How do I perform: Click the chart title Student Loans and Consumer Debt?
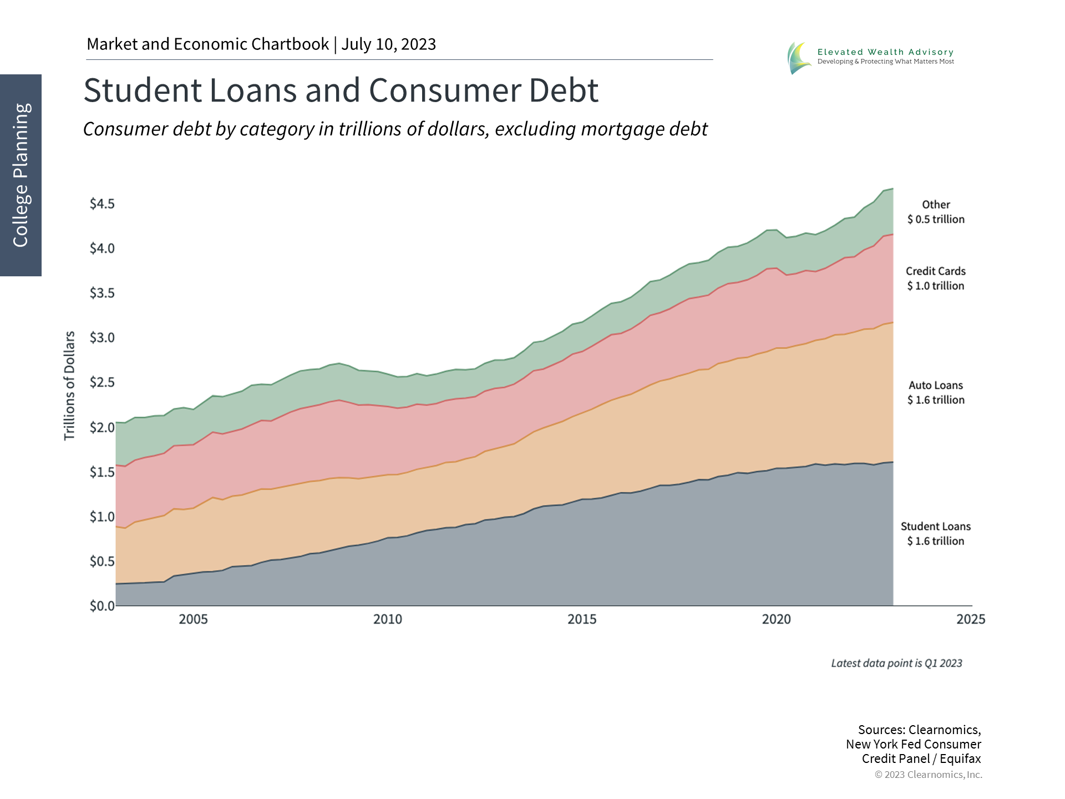click(341, 90)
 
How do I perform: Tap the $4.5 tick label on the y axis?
click(102, 204)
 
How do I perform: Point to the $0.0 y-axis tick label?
click(102, 606)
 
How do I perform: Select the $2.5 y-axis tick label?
click(102, 382)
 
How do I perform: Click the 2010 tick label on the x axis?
click(387, 619)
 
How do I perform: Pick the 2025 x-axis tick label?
click(970, 619)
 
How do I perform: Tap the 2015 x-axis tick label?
click(582, 619)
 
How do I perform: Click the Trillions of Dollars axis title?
click(69, 386)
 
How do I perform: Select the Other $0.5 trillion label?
click(936, 212)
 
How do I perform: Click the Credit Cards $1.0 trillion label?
click(936, 279)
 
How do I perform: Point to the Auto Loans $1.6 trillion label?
click(936, 392)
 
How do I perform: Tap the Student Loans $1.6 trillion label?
click(936, 534)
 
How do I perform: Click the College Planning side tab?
click(21, 175)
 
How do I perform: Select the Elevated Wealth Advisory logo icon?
click(799, 58)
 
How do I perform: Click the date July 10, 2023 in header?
click(388, 44)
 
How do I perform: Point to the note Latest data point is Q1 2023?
click(896, 663)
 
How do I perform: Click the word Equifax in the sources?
click(960, 758)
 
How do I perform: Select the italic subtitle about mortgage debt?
click(395, 129)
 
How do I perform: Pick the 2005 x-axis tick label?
click(193, 619)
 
